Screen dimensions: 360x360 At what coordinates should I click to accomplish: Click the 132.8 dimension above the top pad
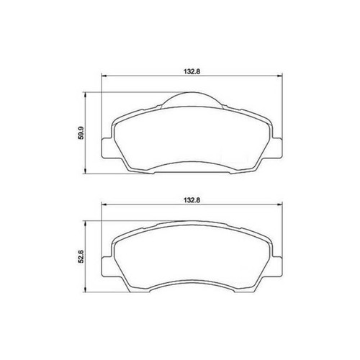[192, 71]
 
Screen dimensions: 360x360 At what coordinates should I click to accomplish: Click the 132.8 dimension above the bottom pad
[192, 200]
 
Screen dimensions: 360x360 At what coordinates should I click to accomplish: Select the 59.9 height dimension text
[81, 133]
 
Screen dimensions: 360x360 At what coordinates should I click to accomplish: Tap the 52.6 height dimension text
[81, 256]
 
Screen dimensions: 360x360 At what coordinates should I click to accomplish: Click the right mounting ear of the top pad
[277, 148]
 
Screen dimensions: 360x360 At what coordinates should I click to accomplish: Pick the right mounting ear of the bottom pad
[277, 266]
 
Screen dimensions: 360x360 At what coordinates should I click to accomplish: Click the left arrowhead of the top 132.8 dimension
[104, 76]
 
